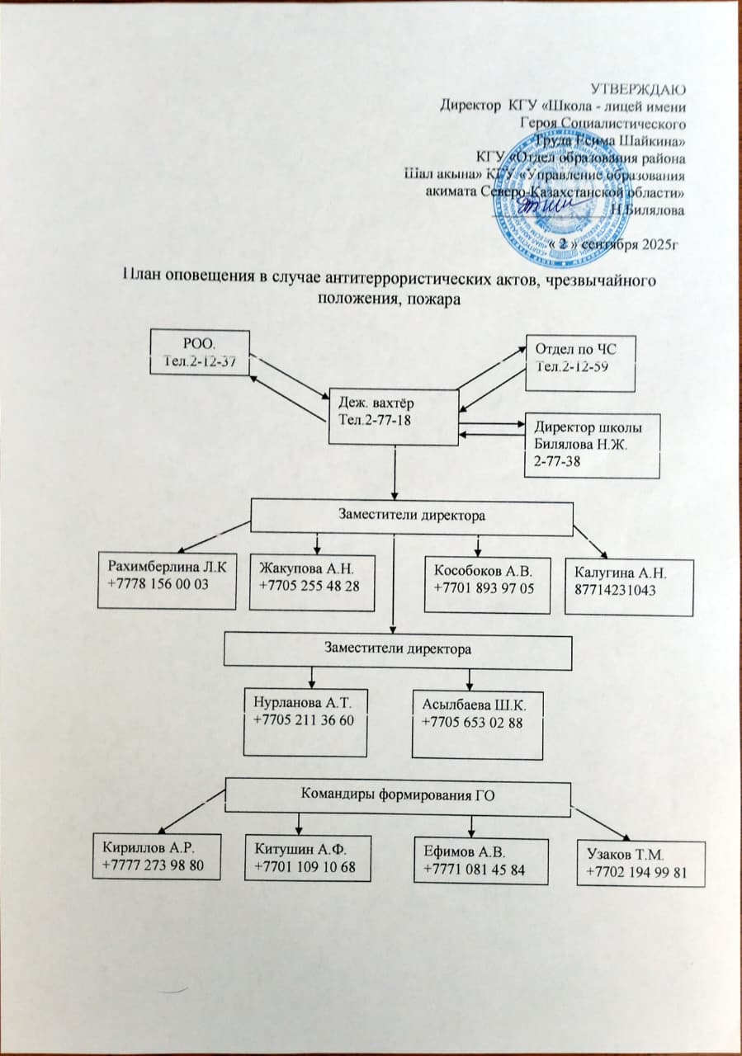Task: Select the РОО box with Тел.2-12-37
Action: (199, 351)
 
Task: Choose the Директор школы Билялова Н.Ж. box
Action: (593, 445)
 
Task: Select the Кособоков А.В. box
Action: (486, 585)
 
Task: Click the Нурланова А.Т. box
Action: (305, 723)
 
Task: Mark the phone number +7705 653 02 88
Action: (470, 722)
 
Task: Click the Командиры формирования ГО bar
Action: (398, 795)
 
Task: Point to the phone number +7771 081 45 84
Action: (474, 870)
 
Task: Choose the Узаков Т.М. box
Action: (641, 863)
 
